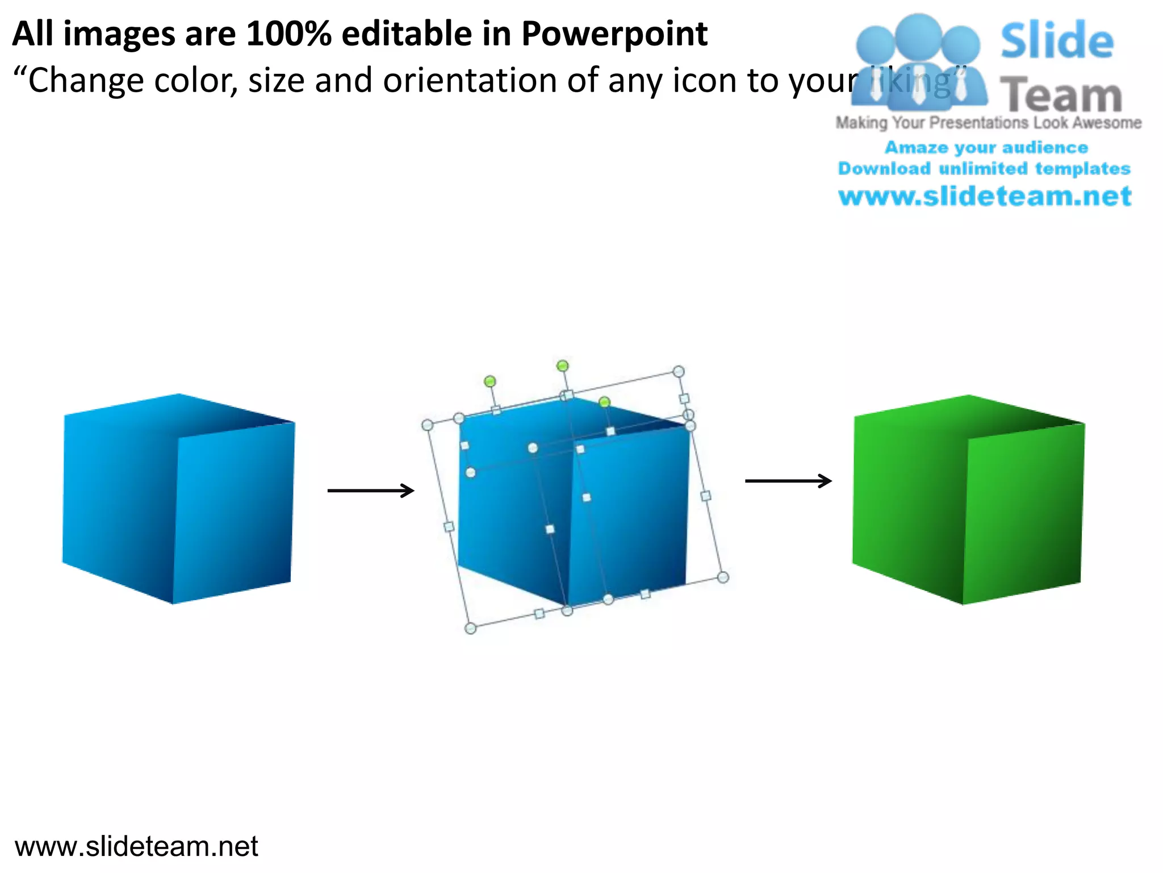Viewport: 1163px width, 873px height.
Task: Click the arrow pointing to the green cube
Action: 788,481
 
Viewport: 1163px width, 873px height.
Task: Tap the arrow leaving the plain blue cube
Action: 371,490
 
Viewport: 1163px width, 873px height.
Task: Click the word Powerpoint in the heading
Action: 614,34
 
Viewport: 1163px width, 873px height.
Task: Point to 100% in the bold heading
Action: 288,34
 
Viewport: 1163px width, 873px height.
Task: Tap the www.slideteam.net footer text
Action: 136,846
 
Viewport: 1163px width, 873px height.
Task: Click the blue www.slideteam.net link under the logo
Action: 985,196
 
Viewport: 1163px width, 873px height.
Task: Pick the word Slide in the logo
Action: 1057,41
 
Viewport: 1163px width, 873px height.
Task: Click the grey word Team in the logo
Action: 1061,95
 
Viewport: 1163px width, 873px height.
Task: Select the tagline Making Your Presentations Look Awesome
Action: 988,123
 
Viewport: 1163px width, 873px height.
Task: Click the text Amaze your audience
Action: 986,148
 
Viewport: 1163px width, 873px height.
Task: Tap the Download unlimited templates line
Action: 984,169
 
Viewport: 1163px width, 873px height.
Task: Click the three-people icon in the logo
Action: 919,63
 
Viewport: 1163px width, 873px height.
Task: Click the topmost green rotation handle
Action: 562,365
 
